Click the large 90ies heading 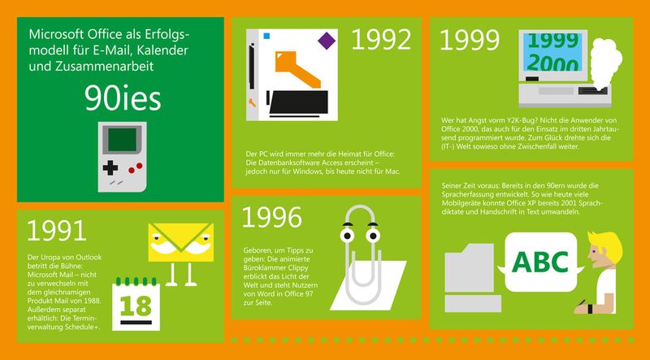point(123,98)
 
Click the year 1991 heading point(57,231)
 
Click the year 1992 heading point(381,39)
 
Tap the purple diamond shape point(327,40)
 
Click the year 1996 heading point(272,216)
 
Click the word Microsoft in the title point(56,35)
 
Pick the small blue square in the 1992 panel point(265,35)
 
